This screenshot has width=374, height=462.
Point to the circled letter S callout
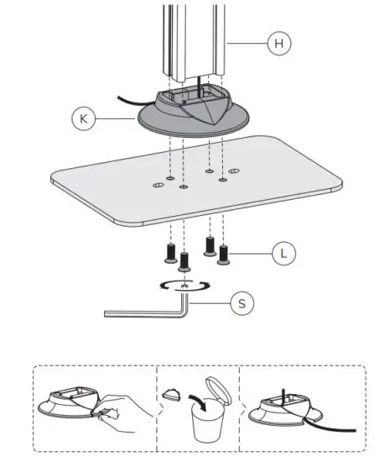242,303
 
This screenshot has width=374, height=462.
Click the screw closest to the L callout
224,251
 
